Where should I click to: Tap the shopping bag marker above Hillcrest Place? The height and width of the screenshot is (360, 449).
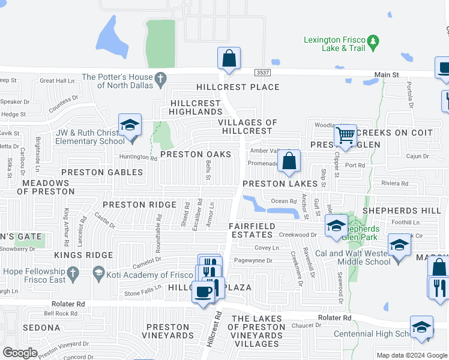tap(229, 59)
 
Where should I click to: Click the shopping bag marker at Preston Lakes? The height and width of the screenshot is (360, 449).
tap(289, 161)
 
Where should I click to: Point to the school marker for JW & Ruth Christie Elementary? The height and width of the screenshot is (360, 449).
tap(130, 126)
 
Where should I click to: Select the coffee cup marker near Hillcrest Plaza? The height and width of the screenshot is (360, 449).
tap(202, 292)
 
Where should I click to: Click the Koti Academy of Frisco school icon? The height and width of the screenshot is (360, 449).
tap(98, 274)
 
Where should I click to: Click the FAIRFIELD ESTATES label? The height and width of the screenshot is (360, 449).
tap(252, 230)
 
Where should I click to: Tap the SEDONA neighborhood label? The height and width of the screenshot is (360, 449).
tap(41, 328)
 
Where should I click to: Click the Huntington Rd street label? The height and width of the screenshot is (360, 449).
tap(141, 158)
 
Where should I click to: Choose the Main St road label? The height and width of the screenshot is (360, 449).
tap(387, 75)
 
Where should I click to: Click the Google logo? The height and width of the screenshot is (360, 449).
tap(20, 353)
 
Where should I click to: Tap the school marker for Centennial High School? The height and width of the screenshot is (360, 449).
tap(422, 328)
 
